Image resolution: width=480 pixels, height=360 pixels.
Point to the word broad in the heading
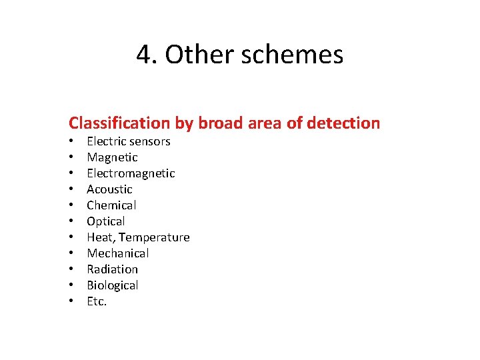(217, 123)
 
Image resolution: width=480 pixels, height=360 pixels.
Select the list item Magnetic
(112, 157)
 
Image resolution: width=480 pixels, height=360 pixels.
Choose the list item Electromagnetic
(131, 173)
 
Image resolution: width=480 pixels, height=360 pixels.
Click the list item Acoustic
(109, 189)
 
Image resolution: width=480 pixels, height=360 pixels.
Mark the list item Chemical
(111, 205)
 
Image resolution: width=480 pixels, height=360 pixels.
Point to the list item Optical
(106, 221)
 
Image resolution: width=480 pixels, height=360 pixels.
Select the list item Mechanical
(118, 253)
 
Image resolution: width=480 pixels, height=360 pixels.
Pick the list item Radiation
(112, 269)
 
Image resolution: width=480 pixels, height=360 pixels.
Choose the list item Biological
(112, 285)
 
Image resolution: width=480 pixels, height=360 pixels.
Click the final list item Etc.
(97, 301)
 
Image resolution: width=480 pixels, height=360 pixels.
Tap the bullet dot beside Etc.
(71, 301)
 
